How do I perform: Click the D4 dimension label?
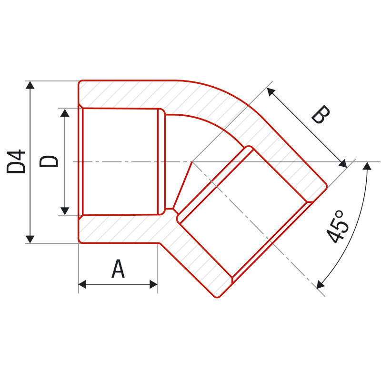[16, 161]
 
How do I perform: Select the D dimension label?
[49, 161]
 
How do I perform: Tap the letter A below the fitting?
[118, 269]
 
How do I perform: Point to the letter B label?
[321, 114]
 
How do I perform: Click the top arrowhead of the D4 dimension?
[30, 85]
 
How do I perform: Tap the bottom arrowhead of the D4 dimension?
[30, 239]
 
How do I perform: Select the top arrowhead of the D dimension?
[65, 113]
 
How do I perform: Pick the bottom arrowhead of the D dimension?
[65, 211]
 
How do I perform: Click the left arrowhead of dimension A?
[82, 284]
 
